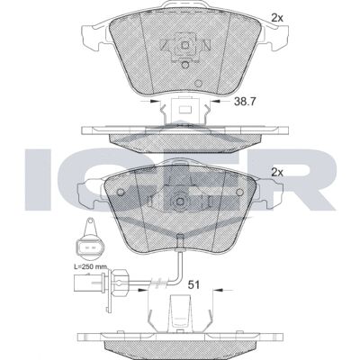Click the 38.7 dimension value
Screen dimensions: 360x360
click(x=244, y=102)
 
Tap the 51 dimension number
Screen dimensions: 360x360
click(x=193, y=284)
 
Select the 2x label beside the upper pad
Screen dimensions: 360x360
click(x=277, y=18)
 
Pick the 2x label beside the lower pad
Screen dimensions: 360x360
click(x=277, y=173)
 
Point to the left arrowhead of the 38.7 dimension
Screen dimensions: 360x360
click(x=155, y=101)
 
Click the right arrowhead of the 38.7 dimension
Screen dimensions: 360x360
click(x=215, y=101)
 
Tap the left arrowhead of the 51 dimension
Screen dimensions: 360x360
click(x=144, y=290)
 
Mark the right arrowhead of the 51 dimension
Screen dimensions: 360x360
click(x=218, y=290)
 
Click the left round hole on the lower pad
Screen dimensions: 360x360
click(x=121, y=192)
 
